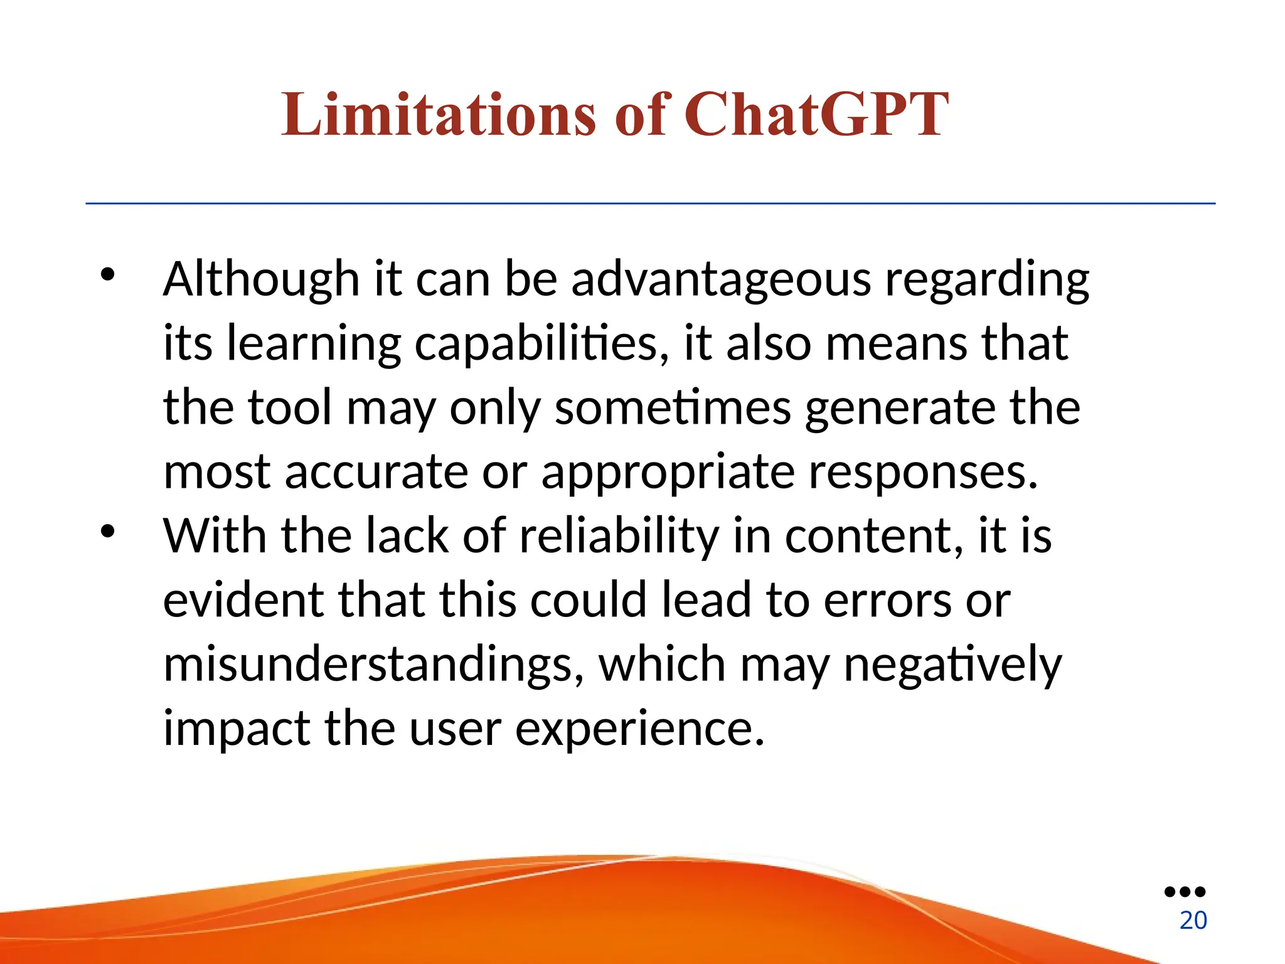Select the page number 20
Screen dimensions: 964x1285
tap(1193, 921)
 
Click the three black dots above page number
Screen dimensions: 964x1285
tap(1185, 892)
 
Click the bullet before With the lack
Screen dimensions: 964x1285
tap(108, 532)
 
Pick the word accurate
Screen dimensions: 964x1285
tap(376, 472)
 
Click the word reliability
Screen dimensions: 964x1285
tap(619, 537)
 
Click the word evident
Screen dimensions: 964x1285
tap(243, 600)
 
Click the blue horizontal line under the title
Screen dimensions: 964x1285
tap(650, 203)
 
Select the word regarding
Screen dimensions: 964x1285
tap(987, 281)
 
